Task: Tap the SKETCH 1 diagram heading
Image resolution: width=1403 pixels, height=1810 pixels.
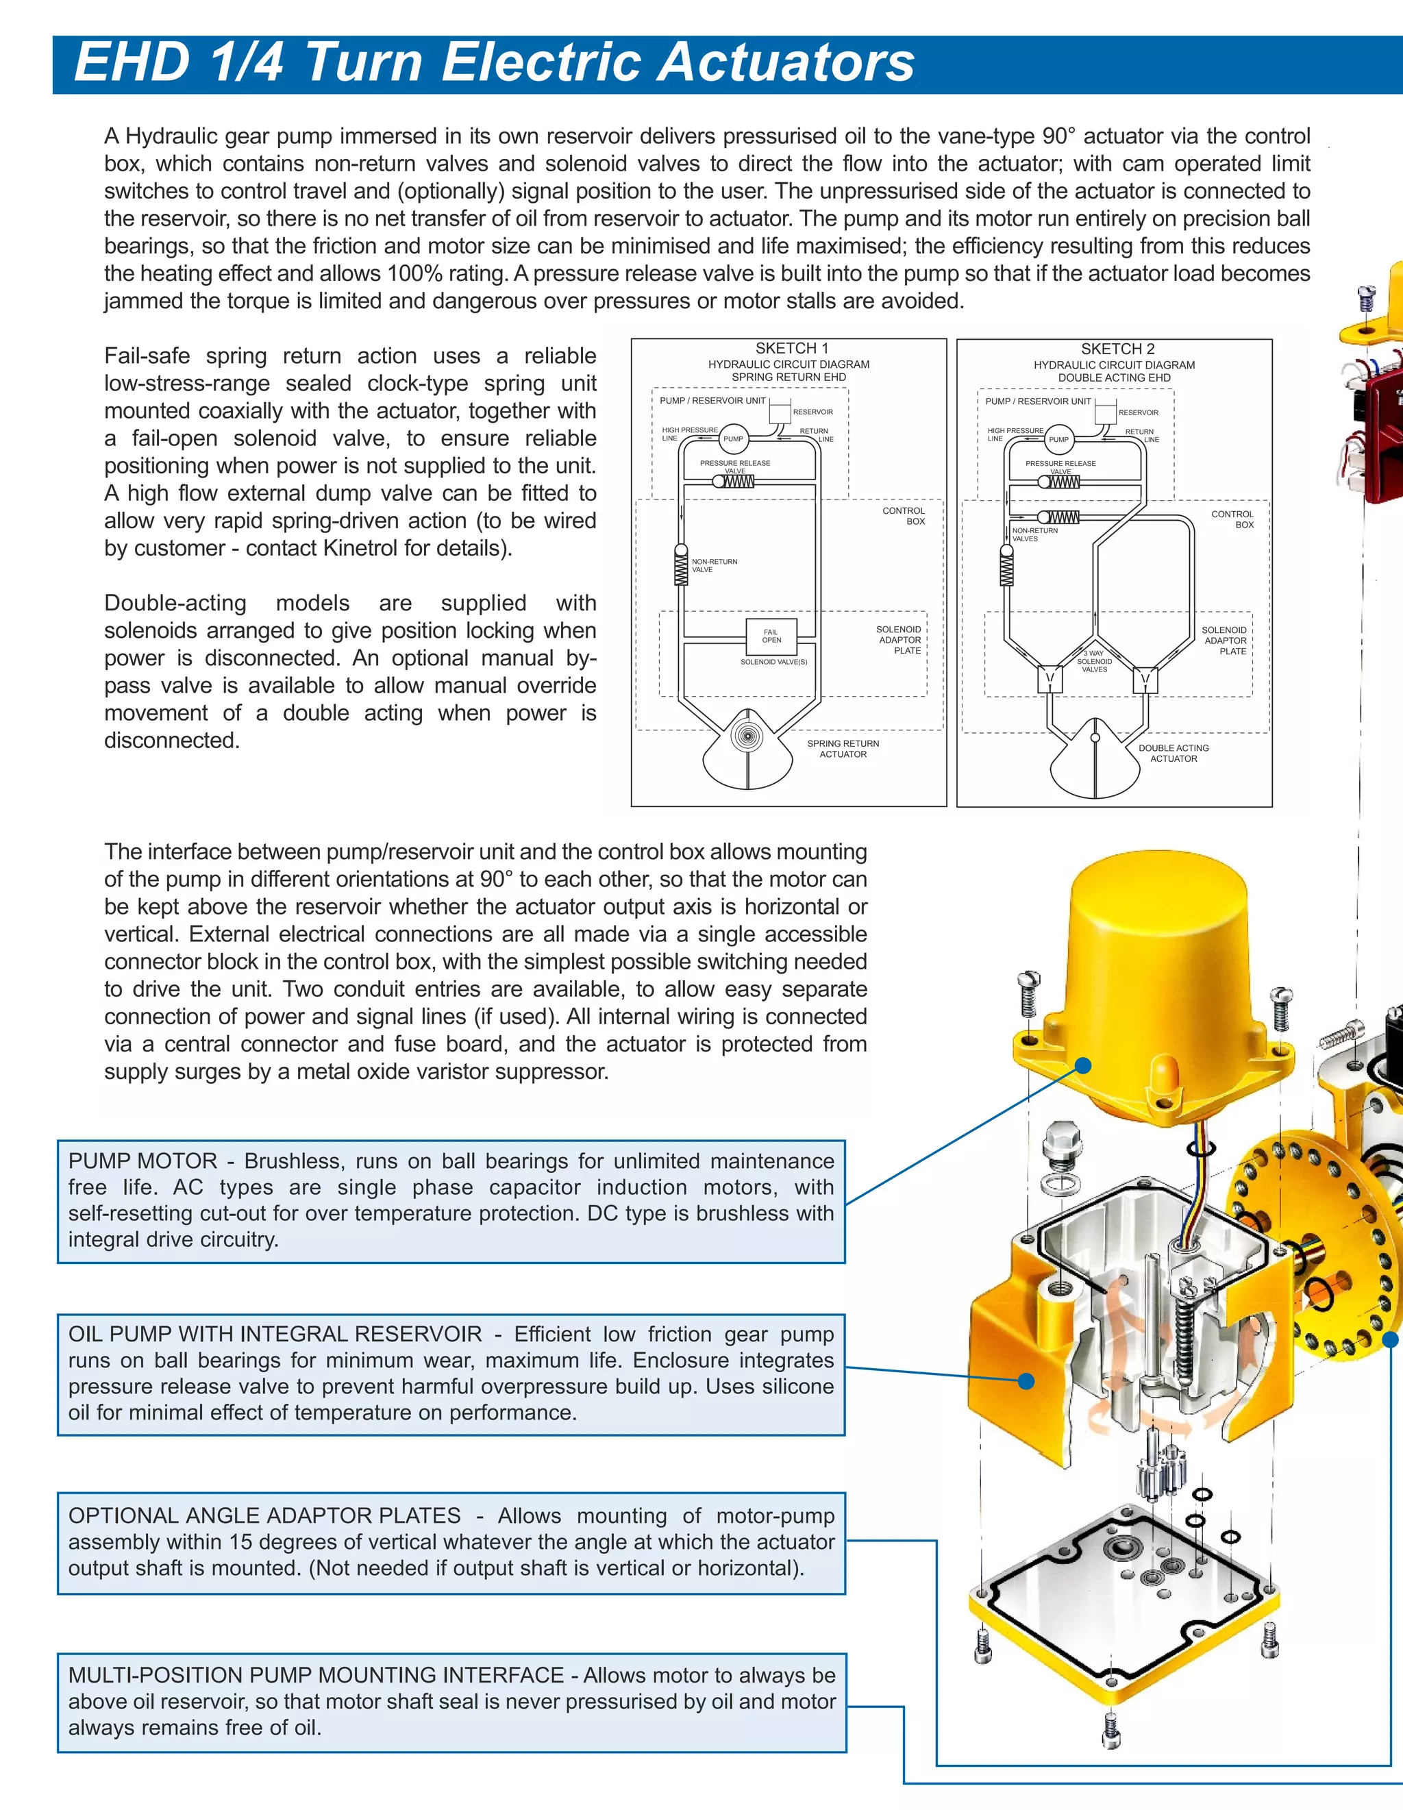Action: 791,348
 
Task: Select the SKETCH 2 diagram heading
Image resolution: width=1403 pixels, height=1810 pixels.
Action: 1117,349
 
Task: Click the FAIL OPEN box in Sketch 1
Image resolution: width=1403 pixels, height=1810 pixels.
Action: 771,636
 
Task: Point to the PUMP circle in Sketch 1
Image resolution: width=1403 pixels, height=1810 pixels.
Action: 734,439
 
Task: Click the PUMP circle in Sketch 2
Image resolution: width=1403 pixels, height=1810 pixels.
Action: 1059,440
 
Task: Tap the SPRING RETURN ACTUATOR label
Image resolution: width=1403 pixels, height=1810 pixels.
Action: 843,748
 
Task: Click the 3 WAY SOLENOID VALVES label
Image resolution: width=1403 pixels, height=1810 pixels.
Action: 1095,661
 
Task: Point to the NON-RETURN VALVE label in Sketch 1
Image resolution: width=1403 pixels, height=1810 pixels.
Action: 714,565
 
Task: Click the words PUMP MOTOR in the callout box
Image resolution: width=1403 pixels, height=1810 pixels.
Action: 142,1161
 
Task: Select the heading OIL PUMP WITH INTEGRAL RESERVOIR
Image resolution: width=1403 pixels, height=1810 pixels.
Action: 275,1335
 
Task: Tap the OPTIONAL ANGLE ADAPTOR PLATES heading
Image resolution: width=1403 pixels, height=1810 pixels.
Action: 264,1516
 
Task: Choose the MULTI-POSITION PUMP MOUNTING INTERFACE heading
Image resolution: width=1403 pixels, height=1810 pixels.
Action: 316,1675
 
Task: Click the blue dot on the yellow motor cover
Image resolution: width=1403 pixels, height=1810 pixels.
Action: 1083,1066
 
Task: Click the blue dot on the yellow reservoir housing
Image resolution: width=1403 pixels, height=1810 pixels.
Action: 1026,1380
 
